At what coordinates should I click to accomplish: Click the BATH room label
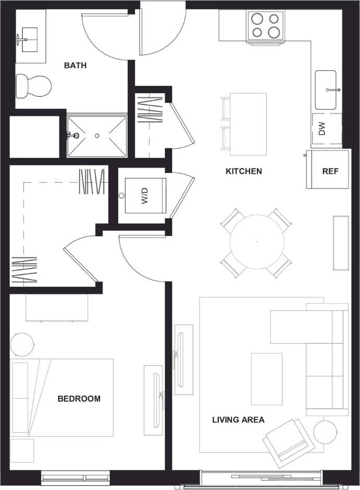tap(75, 66)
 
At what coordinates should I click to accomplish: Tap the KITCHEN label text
tap(243, 171)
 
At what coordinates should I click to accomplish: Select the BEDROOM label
tap(79, 399)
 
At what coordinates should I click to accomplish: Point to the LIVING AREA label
tap(238, 420)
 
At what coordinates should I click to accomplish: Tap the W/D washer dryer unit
tap(145, 196)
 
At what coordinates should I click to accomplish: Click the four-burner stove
tap(265, 26)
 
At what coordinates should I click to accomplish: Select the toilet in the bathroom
tap(33, 85)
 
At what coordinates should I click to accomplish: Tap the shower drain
tap(97, 135)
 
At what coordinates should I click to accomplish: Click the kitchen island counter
tap(248, 123)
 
